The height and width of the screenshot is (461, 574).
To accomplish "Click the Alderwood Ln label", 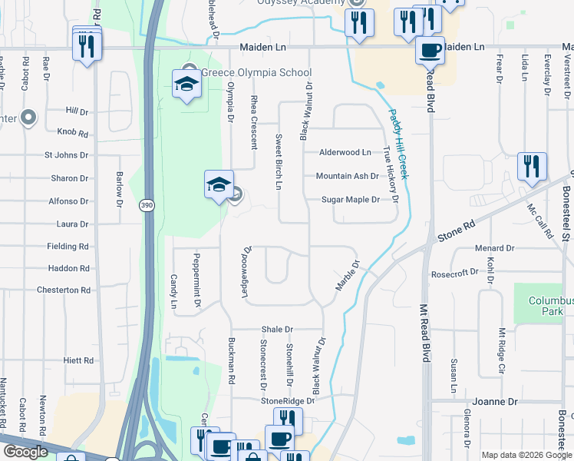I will tap(345, 153).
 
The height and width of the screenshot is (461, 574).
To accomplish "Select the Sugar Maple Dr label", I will tap(351, 200).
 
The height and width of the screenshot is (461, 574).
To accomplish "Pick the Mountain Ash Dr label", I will tap(348, 176).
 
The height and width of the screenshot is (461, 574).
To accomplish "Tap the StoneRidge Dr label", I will tap(288, 401).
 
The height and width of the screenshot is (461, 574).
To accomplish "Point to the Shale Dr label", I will tap(278, 329).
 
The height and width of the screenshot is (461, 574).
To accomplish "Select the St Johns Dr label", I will tap(67, 155).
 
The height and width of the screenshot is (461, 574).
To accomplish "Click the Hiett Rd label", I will tap(79, 360).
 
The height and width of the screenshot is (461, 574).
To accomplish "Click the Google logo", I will tap(25, 452).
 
